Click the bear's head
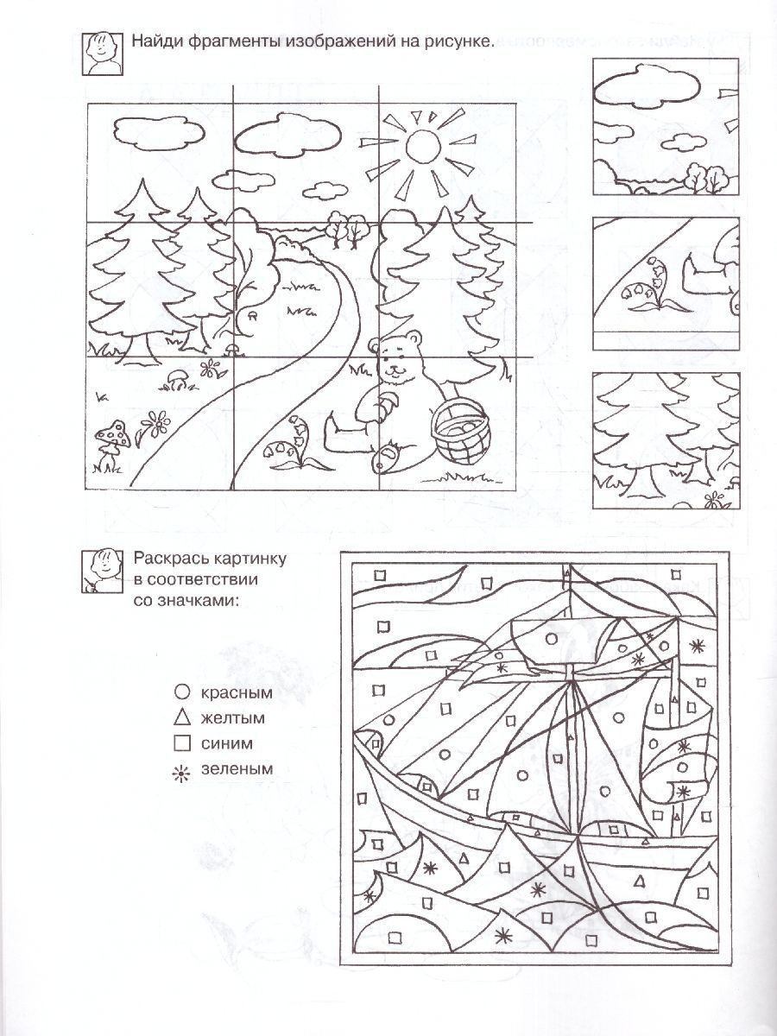click(398, 357)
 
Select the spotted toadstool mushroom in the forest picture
click(113, 434)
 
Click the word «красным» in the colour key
click(237, 692)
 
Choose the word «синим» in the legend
click(227, 743)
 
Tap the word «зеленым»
click(237, 769)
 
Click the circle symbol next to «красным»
click(182, 692)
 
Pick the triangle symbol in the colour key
click(182, 719)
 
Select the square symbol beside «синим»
click(182, 744)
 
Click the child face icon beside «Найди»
click(103, 54)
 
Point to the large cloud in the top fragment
click(646, 88)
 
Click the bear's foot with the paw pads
click(388, 457)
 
